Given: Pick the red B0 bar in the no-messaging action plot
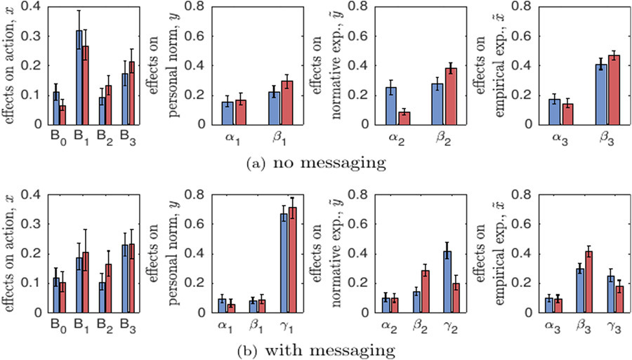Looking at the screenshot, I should click(x=62, y=115).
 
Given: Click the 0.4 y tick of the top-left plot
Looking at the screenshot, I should click(x=34, y=6).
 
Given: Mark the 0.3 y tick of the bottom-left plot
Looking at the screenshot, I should click(x=34, y=222).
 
